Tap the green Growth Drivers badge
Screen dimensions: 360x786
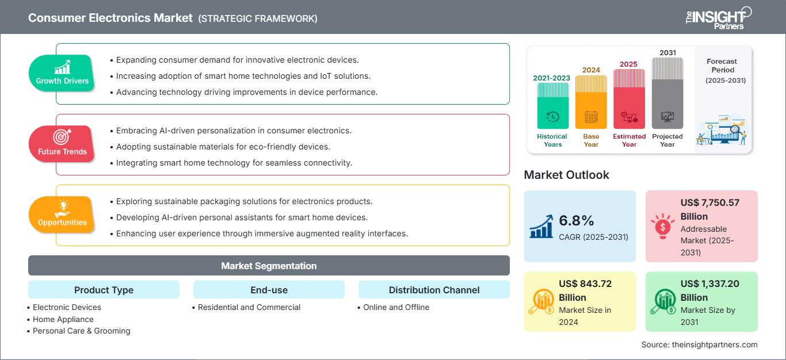tap(62, 73)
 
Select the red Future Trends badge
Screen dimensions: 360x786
tap(62, 144)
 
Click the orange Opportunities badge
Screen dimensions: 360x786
tap(62, 215)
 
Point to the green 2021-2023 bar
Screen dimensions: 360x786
tap(552, 106)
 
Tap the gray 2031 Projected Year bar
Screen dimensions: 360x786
tap(667, 93)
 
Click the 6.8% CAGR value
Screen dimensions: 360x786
tap(576, 221)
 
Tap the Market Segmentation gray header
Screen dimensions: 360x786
tap(269, 266)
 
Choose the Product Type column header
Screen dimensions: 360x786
tap(104, 290)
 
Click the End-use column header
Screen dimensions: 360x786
tap(269, 290)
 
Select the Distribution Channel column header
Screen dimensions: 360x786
tap(434, 290)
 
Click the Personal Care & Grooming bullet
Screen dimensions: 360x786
tap(81, 331)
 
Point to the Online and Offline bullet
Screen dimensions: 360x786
tap(396, 307)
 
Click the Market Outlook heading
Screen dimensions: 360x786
tap(566, 175)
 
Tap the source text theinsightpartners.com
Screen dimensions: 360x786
tap(699, 344)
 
